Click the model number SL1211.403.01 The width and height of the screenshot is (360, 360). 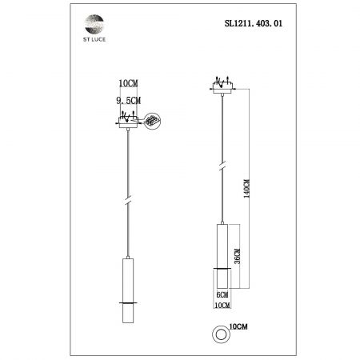click(x=254, y=23)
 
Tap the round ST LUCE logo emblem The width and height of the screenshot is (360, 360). click(x=94, y=24)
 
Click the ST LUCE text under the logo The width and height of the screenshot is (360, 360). click(x=94, y=39)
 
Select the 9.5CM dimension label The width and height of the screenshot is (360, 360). click(x=129, y=101)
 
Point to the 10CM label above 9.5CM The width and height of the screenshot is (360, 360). click(x=129, y=83)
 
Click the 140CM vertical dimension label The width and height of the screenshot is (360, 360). click(x=247, y=189)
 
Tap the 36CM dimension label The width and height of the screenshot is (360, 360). click(x=237, y=256)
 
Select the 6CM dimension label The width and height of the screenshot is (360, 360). click(x=222, y=294)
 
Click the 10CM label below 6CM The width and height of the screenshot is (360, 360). click(x=222, y=306)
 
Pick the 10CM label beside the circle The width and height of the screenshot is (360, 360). click(x=238, y=326)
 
